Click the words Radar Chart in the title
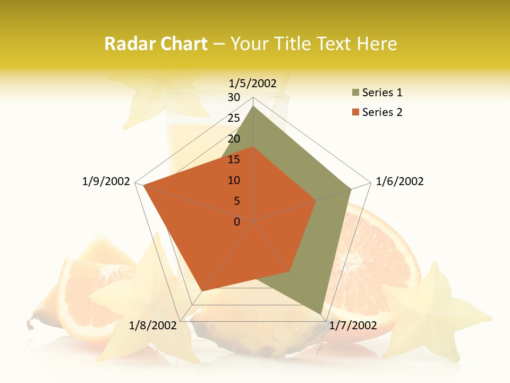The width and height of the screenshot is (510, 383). point(156,44)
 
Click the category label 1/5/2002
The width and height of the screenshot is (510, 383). point(253,83)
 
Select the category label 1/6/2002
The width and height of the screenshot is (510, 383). point(399,181)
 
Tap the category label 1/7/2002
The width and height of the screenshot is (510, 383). point(353,326)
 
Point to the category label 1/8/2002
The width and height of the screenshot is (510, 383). point(152,326)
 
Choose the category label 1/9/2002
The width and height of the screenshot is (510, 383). point(106,181)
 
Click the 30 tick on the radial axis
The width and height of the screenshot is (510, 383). point(234,97)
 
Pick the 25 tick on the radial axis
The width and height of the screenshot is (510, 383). point(234,118)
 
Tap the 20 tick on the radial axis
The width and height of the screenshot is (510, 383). point(234,139)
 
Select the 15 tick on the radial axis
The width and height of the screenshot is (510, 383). point(234,160)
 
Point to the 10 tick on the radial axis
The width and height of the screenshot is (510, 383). point(234,180)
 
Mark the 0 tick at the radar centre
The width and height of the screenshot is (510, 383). point(237,221)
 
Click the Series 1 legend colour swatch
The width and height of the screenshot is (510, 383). point(355,93)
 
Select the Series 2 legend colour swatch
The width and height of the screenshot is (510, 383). point(355,112)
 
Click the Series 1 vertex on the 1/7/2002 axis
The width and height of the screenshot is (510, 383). point(321,314)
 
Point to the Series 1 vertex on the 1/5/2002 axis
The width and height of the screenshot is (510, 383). point(253,106)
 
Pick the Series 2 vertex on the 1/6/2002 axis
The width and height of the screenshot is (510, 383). point(316,201)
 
